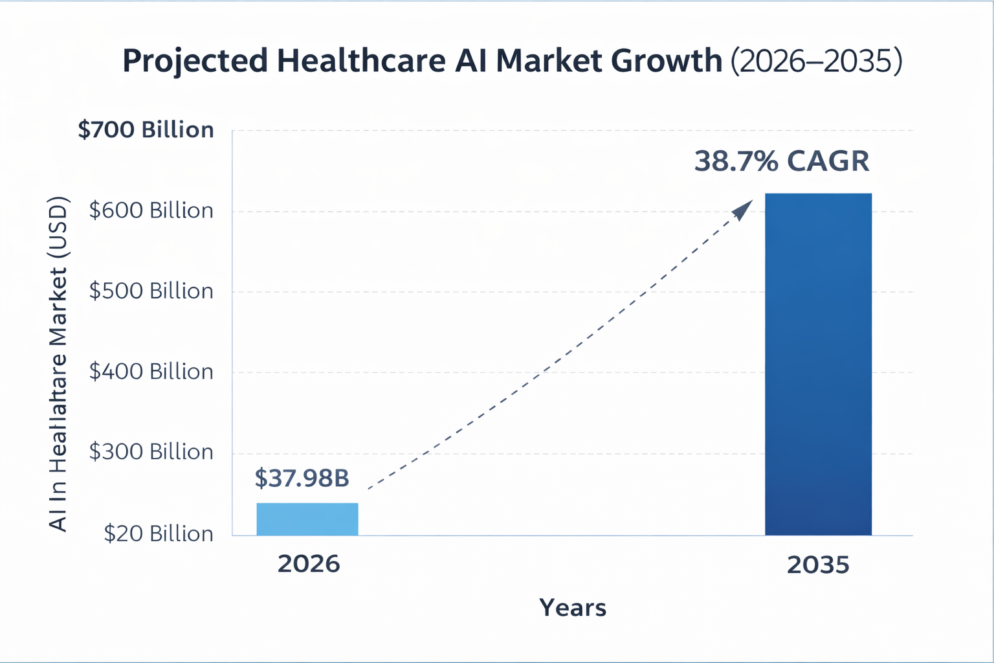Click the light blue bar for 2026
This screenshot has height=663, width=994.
coord(307,519)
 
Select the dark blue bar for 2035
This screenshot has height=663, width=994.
coord(818,364)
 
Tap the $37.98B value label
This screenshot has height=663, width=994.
coord(302,478)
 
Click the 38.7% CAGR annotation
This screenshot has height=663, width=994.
coord(782,161)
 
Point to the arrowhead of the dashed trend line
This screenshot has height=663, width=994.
coord(744,209)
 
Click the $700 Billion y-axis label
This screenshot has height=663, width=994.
coord(146,129)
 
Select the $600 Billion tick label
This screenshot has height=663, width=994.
coord(151,210)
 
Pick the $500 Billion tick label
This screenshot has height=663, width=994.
coord(151,291)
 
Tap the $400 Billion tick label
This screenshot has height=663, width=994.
coord(151,372)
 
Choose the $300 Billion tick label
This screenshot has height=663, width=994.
coord(151,452)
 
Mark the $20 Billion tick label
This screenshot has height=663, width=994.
coord(158,534)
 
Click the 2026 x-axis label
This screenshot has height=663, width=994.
coord(309,564)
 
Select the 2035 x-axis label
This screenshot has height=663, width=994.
coord(818,565)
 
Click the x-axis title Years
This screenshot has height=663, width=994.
coord(573,608)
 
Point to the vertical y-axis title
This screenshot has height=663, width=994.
coord(58,364)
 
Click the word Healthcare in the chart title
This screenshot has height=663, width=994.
coord(361,61)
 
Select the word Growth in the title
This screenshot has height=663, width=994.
coord(667,61)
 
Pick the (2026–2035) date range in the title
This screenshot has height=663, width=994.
coord(816,62)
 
